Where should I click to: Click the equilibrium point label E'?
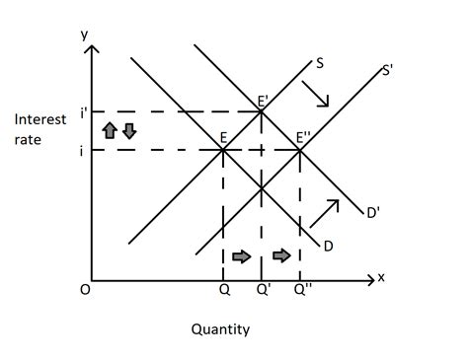(x=264, y=102)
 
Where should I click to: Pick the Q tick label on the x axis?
(x=223, y=291)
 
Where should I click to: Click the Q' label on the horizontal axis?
(x=263, y=291)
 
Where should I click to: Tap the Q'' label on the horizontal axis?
(x=302, y=291)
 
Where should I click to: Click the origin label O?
(x=85, y=291)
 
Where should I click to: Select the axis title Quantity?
(x=220, y=329)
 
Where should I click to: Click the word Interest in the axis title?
(x=40, y=119)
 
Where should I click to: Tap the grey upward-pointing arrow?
(x=111, y=131)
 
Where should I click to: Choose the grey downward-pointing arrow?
(x=128, y=131)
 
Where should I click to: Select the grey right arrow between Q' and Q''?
(x=282, y=255)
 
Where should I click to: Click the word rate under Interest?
(x=27, y=140)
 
